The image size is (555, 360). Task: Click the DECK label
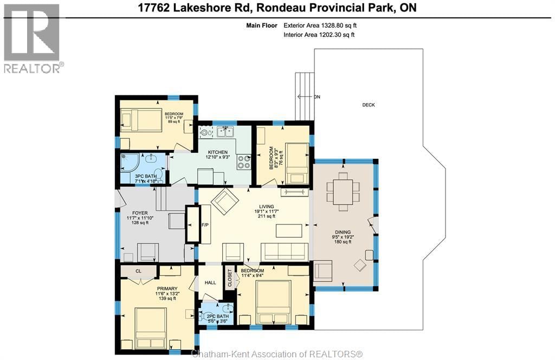coord(369,105)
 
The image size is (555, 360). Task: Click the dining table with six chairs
coord(343,191)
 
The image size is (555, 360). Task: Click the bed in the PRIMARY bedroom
coord(151,327)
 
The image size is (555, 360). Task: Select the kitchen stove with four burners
coord(244,161)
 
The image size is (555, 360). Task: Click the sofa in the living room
coord(284,251)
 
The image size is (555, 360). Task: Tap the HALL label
coord(210,282)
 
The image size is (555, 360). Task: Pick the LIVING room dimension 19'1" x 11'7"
coord(266,211)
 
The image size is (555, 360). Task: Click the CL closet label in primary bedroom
coord(138,271)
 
